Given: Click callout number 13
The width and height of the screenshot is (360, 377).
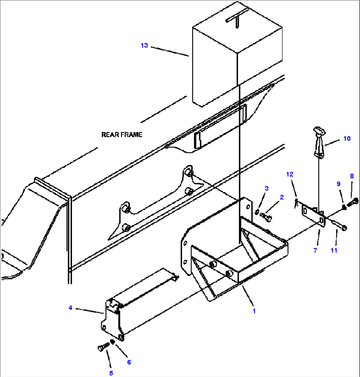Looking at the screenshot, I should (x=144, y=46).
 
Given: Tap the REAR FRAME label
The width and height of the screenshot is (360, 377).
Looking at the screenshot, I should (x=122, y=135).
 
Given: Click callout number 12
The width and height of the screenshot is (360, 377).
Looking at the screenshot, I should (x=290, y=174).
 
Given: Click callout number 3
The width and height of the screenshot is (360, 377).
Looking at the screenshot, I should (x=267, y=188).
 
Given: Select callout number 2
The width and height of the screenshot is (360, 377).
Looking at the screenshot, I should (x=281, y=197).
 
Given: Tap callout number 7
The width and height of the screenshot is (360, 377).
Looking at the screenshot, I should (x=315, y=251).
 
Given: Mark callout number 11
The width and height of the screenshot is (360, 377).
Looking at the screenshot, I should (x=334, y=251).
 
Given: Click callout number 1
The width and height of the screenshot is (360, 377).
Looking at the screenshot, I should (x=254, y=311).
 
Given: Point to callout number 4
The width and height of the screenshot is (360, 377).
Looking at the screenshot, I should (x=70, y=308).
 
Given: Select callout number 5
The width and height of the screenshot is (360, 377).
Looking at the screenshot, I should (x=111, y=373).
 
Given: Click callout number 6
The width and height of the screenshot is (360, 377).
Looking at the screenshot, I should (x=129, y=362).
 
